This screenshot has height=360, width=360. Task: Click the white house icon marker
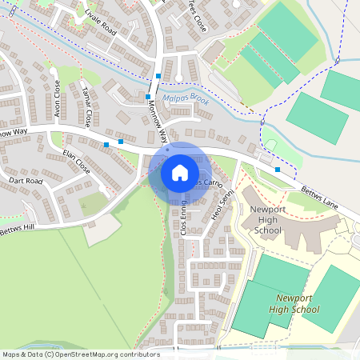tap(180, 172)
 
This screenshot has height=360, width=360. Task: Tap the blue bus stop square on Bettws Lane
tap(278, 170)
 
